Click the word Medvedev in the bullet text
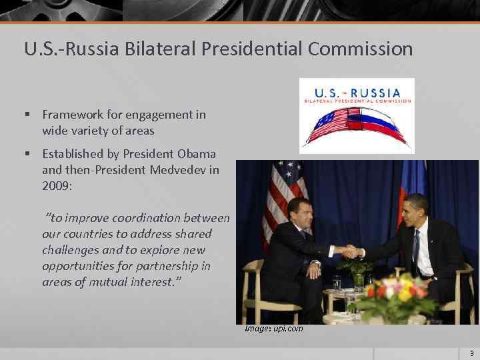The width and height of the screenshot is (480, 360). point(175,170)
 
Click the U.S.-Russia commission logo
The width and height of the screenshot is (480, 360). point(357,115)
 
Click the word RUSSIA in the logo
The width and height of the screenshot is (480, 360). point(377,93)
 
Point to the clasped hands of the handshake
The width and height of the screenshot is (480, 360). point(351,251)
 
